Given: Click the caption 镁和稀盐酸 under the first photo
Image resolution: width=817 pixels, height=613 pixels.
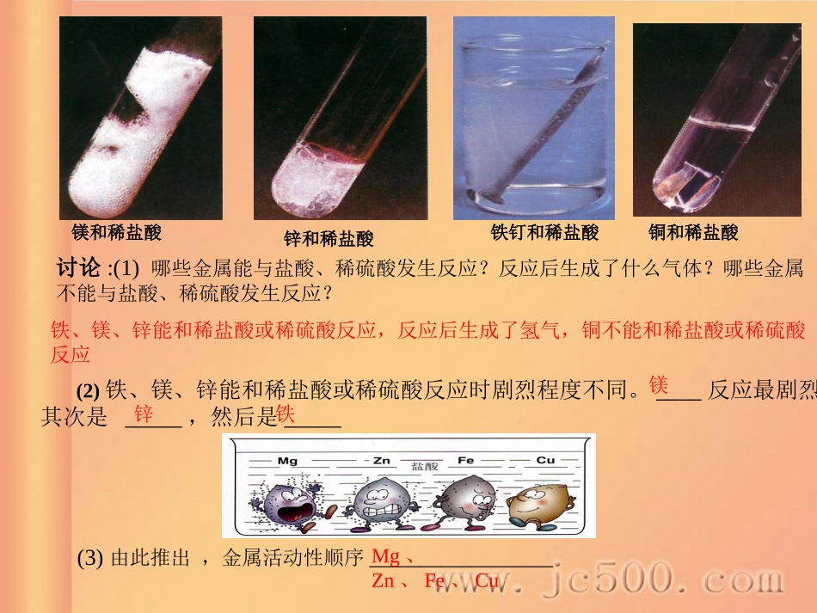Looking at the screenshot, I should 116,232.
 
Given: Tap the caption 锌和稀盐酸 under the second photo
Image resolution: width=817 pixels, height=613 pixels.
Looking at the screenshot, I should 329,239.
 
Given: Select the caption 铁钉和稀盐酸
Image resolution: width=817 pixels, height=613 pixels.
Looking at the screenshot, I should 544,232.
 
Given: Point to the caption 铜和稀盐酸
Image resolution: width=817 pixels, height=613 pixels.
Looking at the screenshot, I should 693,232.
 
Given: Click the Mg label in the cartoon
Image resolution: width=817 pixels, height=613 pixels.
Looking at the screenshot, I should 287,461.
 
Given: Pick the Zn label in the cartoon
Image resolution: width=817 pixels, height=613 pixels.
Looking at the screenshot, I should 382,461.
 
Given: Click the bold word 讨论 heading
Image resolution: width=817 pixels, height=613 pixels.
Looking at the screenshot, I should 78,268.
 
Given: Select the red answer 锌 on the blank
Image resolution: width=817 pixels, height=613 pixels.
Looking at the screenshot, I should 144,415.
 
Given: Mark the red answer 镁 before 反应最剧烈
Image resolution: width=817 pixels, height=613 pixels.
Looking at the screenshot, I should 659,384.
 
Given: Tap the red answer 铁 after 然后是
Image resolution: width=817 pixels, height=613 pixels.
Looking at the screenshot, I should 286,415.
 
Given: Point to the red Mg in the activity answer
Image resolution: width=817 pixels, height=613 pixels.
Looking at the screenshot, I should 385,557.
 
